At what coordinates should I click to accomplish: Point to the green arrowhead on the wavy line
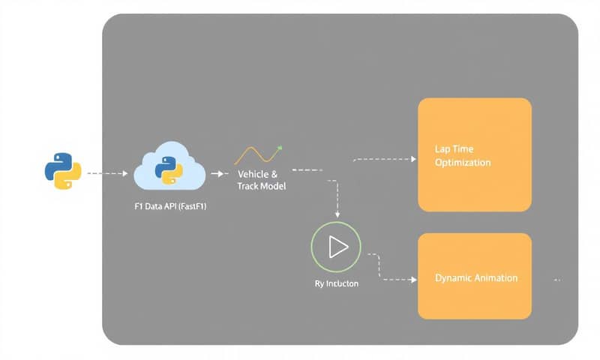(x=279, y=148)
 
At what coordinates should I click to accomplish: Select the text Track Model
(x=261, y=185)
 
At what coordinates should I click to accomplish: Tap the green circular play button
(x=335, y=247)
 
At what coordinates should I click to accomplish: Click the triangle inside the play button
(x=337, y=247)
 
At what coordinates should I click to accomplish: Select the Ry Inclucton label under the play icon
(x=336, y=283)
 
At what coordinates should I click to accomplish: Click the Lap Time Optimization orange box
(x=474, y=154)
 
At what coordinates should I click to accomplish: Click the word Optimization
(x=463, y=162)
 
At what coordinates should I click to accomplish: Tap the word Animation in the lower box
(x=495, y=277)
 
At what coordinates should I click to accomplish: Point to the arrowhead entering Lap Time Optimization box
(x=412, y=159)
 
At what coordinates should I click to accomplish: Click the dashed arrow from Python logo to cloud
(x=106, y=173)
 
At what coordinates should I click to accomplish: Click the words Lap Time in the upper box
(x=454, y=149)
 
